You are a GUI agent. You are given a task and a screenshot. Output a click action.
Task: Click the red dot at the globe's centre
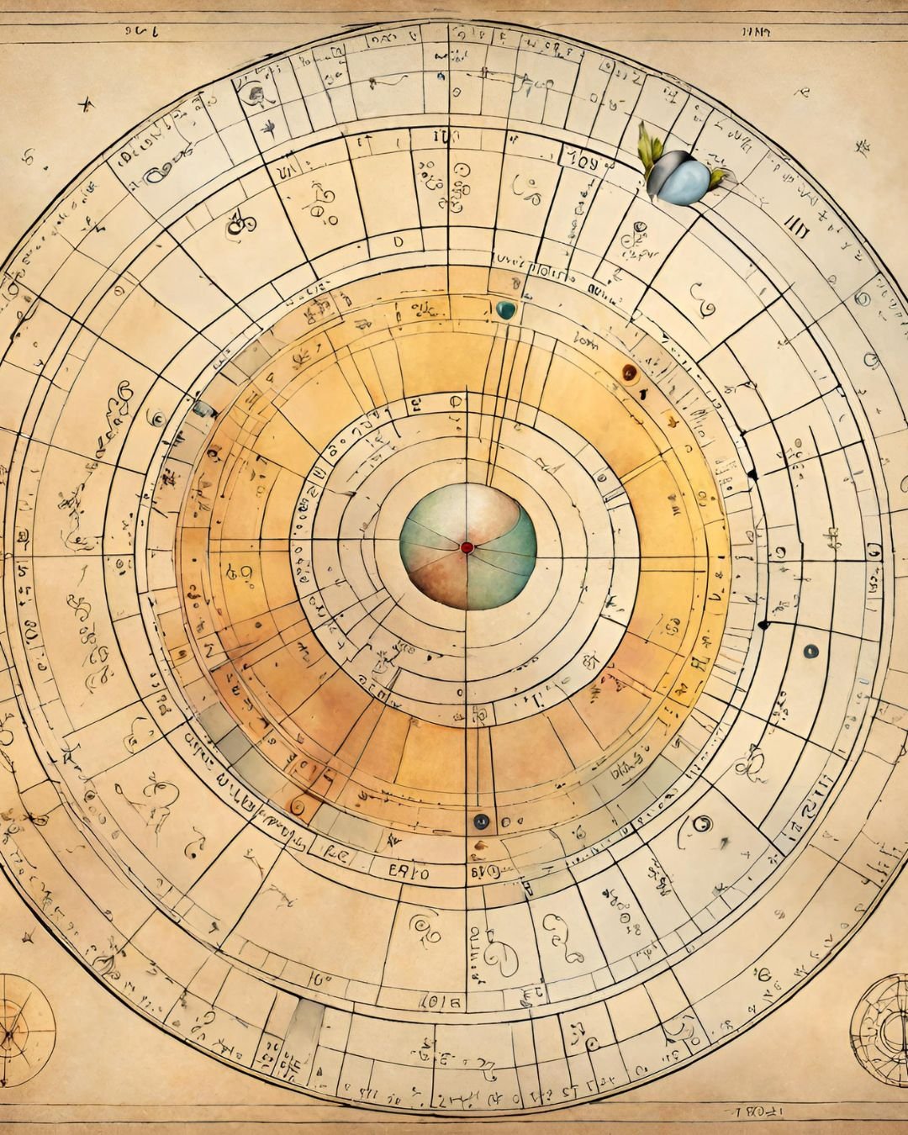(467, 547)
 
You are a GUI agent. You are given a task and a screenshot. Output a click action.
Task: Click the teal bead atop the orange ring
(505, 309)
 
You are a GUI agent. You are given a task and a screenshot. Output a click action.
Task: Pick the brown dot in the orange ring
(628, 371)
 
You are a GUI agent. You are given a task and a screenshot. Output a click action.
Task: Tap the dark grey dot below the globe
(481, 821)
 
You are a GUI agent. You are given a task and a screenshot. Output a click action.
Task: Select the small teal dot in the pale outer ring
(810, 651)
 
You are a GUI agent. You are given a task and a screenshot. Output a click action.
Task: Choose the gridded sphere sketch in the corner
(881, 1029)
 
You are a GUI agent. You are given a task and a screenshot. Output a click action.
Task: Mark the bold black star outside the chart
(84, 105)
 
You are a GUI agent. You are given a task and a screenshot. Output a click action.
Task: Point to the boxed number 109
(583, 160)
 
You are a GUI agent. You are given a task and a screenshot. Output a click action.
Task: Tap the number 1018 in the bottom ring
(439, 1001)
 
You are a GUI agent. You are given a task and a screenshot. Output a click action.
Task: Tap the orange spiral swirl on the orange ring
(296, 806)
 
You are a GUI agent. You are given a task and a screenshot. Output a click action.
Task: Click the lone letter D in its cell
(398, 240)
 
